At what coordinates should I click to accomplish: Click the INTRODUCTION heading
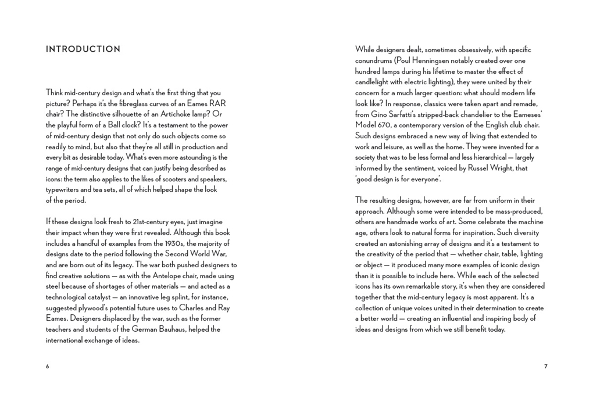pos(83,49)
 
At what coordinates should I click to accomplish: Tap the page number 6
pos(48,367)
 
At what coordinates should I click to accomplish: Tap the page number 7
pos(545,367)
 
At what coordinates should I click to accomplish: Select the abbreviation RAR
pos(216,103)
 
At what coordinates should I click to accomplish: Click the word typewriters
pos(64,189)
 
